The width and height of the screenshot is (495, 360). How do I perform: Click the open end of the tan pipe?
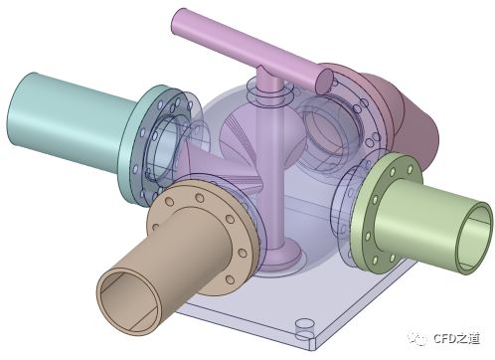tap(128, 301)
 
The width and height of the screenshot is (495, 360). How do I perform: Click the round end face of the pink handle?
tap(324, 81)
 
